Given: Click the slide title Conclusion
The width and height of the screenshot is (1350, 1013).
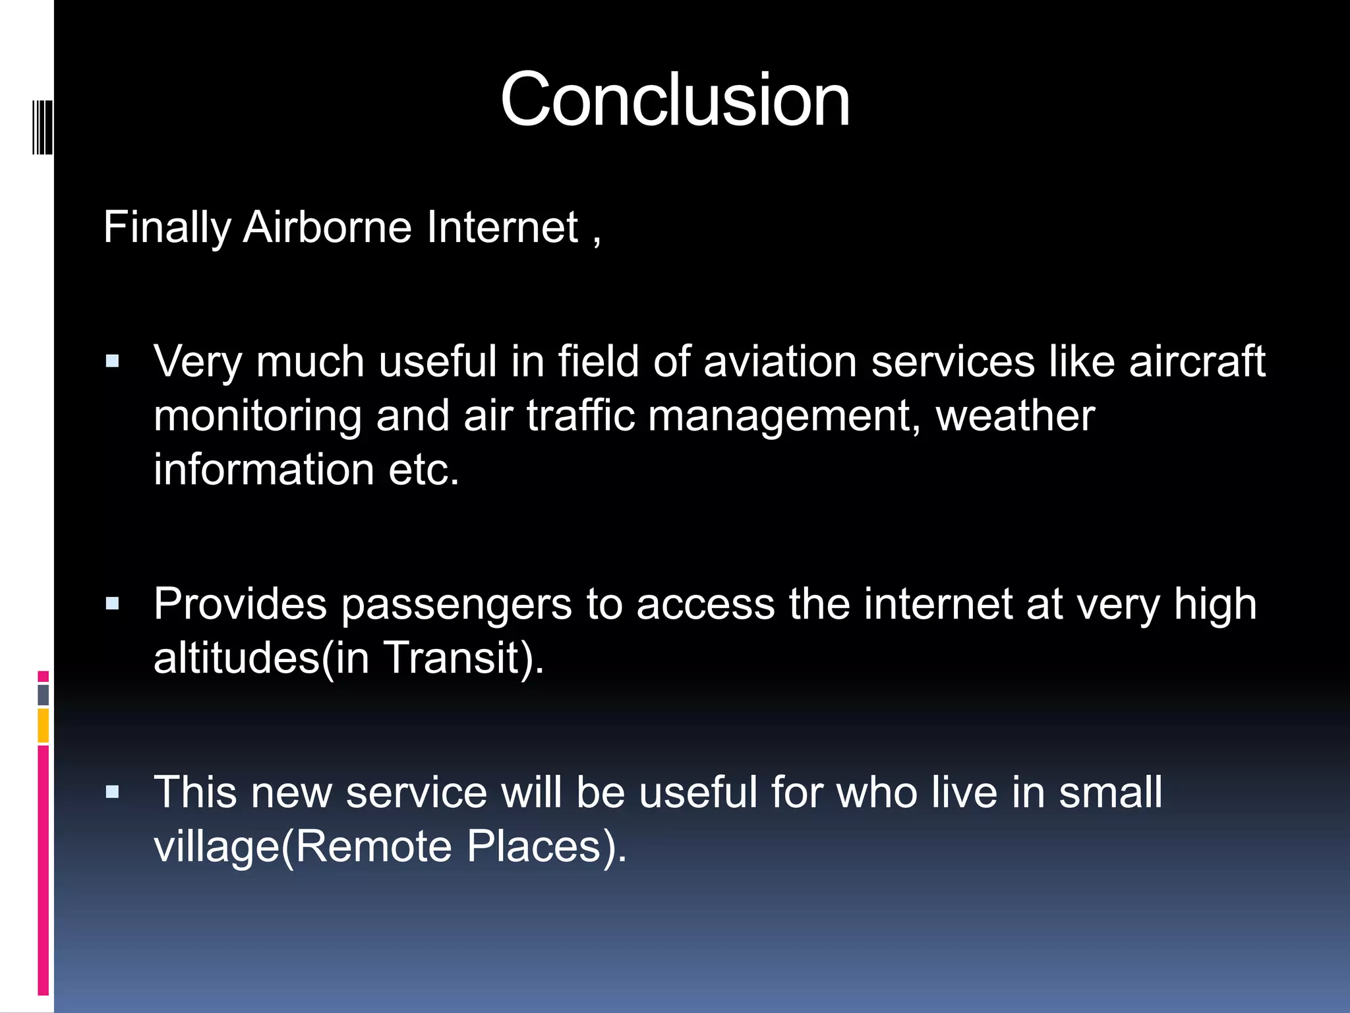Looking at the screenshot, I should [675, 100].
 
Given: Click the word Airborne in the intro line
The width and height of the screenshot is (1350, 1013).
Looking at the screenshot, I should [327, 228].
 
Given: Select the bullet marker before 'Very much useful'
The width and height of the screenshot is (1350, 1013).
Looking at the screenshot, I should [113, 361].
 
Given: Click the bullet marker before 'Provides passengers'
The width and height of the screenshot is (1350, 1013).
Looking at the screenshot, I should [113, 603].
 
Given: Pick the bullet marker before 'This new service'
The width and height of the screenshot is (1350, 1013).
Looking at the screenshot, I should [113, 791].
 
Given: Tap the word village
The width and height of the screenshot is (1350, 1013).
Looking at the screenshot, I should [216, 847].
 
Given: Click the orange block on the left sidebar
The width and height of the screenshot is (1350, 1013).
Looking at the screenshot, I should [44, 725].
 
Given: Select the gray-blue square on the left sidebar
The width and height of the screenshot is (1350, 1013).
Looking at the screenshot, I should [44, 694].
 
